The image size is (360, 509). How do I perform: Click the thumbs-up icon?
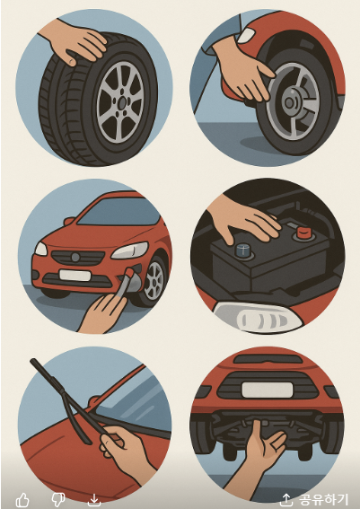click(x=22, y=500)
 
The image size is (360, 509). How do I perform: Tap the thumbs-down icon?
click(x=58, y=500)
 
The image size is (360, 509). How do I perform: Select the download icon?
click(x=93, y=500)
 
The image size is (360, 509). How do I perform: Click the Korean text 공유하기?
click(x=323, y=500)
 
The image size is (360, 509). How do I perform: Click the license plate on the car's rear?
click(x=268, y=390)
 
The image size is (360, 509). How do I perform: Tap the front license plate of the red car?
click(x=75, y=276)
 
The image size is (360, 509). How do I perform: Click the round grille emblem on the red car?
click(x=75, y=258)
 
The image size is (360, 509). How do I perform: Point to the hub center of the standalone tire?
click(x=122, y=103)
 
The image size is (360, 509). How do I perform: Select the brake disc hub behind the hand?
click(x=288, y=103)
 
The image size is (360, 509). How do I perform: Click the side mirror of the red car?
click(x=69, y=221)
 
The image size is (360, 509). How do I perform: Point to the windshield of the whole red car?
click(x=119, y=212)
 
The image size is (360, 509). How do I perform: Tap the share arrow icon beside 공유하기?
click(x=286, y=500)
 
